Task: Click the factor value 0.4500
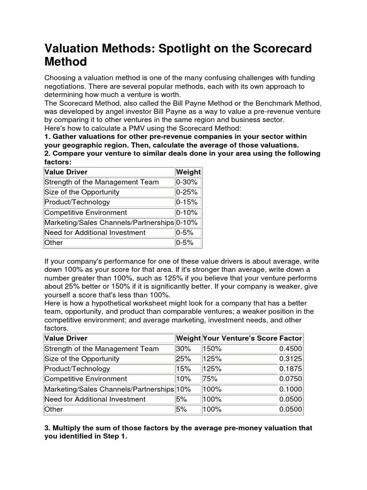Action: click(291, 349)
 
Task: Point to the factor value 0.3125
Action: click(291, 359)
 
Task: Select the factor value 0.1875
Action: click(291, 369)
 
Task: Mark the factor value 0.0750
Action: click(291, 379)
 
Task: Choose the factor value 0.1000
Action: click(291, 389)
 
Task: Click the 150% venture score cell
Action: click(213, 349)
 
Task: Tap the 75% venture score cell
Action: click(211, 379)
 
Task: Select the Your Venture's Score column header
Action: click(240, 338)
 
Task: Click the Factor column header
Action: click(291, 338)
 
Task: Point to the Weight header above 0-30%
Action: click(188, 172)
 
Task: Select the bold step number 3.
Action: click(46, 428)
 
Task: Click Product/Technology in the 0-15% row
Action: click(77, 202)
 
